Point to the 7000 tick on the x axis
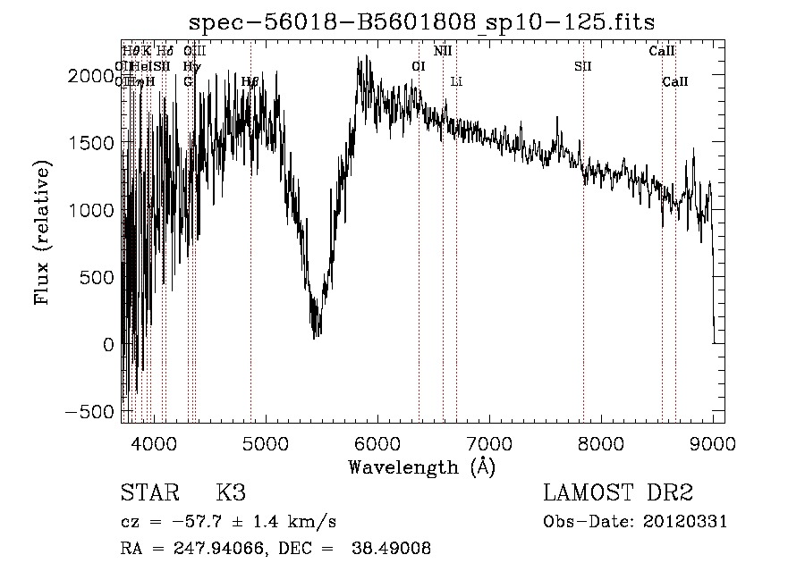[489, 442]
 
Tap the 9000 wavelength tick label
[713, 442]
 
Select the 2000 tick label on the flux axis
[94, 76]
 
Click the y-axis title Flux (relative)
[42, 232]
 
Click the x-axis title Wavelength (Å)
[421, 467]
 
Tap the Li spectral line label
[456, 81]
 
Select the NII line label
[443, 51]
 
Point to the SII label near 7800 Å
[583, 66]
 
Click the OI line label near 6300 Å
[419, 66]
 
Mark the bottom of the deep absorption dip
[316, 335]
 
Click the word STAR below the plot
[148, 493]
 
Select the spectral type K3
[231, 493]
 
